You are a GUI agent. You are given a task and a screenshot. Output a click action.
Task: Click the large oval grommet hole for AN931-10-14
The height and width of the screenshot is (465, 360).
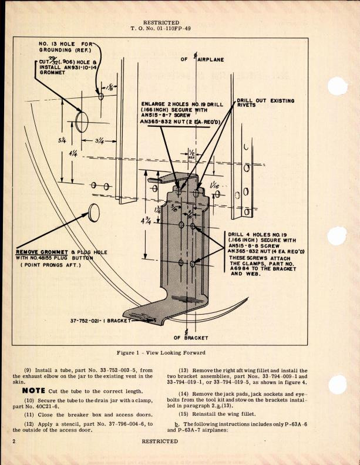81,121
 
